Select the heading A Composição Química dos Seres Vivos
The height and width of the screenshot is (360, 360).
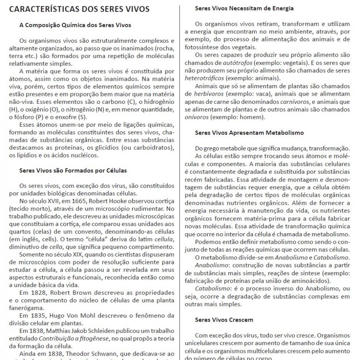[x=75, y=25]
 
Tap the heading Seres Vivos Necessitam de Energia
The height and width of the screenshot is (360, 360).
[x=244, y=8]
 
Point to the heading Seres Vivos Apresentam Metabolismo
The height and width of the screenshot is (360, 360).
[x=249, y=133]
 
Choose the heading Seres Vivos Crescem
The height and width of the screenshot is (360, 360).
[x=224, y=320]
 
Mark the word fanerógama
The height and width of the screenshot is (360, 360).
[x=24, y=307]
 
